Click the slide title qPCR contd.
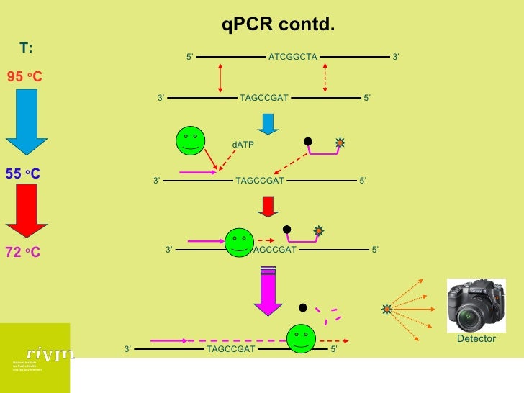point(278,25)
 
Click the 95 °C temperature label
point(25,76)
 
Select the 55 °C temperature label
point(23,173)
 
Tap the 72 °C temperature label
point(24,253)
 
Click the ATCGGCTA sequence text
point(292,57)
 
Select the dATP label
point(243,145)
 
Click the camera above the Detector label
point(476,304)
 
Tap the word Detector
point(476,338)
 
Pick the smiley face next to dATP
point(191,140)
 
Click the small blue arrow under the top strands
point(268,124)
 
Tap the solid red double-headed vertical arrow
point(220,78)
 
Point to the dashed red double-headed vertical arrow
point(325,78)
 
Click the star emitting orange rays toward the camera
point(387,309)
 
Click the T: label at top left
point(26,48)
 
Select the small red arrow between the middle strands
point(268,206)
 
